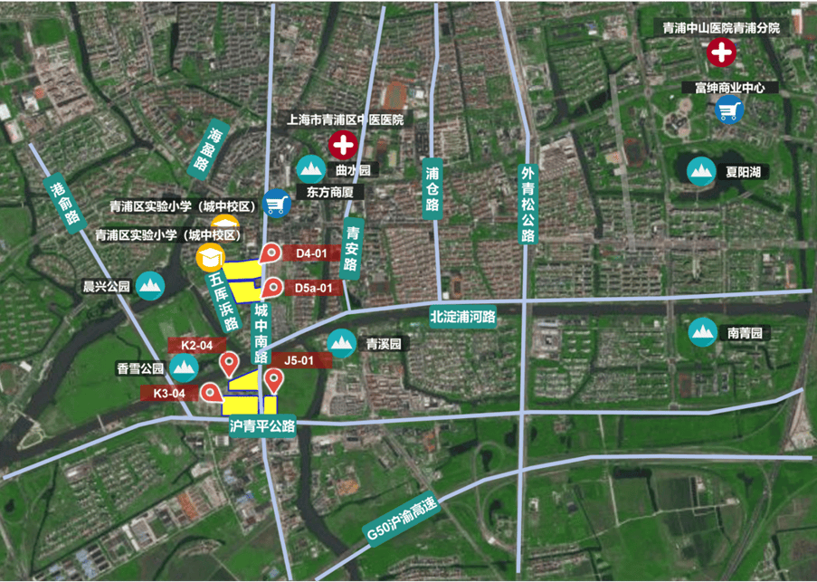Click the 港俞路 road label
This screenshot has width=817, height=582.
point(62,200)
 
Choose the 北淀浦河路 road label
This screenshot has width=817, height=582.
point(463,317)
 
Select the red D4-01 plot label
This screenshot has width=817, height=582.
point(306,253)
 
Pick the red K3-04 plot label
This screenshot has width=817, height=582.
point(169,393)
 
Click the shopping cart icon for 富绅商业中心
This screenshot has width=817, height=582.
point(728,110)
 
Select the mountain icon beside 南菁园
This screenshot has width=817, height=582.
point(703,333)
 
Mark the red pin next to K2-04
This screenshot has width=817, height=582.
point(230,363)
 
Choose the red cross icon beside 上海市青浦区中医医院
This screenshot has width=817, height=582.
point(342,143)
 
